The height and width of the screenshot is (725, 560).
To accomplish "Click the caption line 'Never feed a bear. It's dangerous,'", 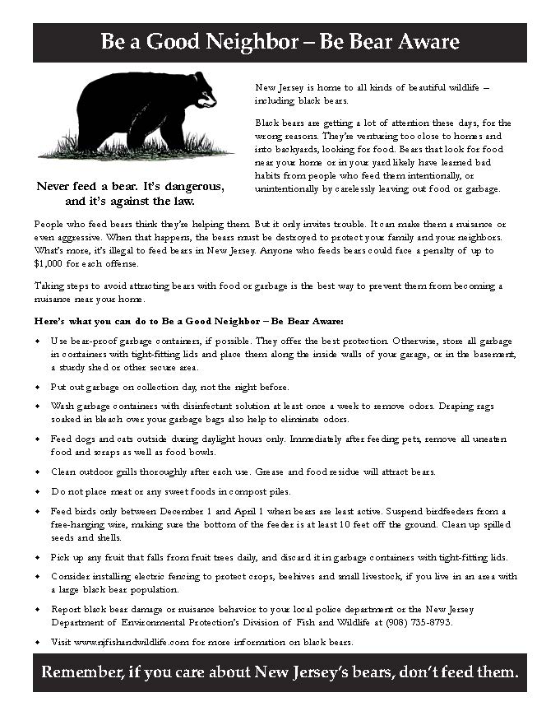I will click(130, 186).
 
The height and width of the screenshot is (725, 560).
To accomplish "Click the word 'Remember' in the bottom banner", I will click(81, 672).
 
